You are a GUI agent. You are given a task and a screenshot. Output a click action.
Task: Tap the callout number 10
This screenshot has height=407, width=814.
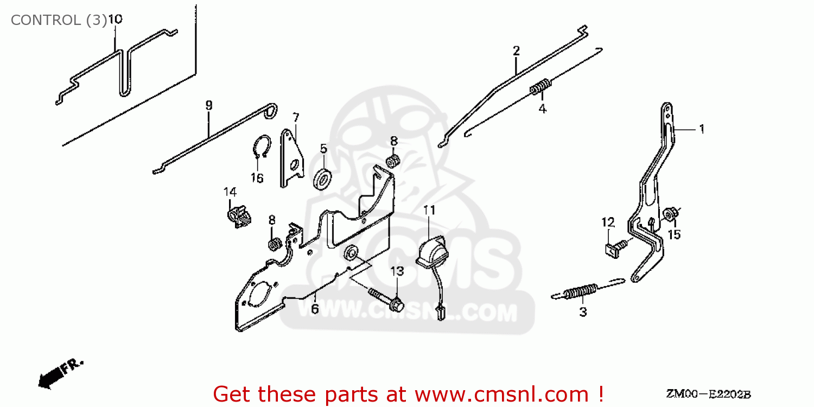pyautogui.click(x=115, y=20)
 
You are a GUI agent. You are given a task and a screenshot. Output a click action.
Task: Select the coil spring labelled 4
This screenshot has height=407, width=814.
pyautogui.click(x=540, y=87)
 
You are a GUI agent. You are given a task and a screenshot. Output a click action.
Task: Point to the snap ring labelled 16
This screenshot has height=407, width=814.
pyautogui.click(x=262, y=149)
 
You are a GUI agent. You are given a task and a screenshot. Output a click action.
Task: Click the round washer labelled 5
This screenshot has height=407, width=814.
pyautogui.click(x=323, y=178)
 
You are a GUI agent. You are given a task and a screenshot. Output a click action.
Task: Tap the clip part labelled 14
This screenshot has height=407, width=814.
pyautogui.click(x=238, y=215)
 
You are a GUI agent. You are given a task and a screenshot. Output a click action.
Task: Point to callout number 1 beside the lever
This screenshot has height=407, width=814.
pyautogui.click(x=701, y=129)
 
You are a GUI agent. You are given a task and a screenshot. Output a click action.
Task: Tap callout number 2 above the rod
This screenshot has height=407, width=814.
pyautogui.click(x=516, y=51)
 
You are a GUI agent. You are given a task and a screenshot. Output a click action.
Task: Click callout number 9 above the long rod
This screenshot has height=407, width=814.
pyautogui.click(x=209, y=105)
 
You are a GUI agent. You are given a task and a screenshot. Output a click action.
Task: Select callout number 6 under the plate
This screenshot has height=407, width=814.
pyautogui.click(x=315, y=309)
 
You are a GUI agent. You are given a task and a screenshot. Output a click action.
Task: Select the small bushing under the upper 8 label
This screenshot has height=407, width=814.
pyautogui.click(x=393, y=160)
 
